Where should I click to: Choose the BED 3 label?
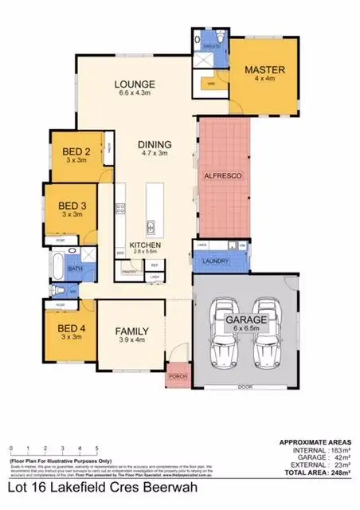[x=72, y=205]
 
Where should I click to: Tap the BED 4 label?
[x=72, y=328]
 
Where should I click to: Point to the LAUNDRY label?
[x=217, y=261]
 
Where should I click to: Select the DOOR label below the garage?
[x=242, y=388]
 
